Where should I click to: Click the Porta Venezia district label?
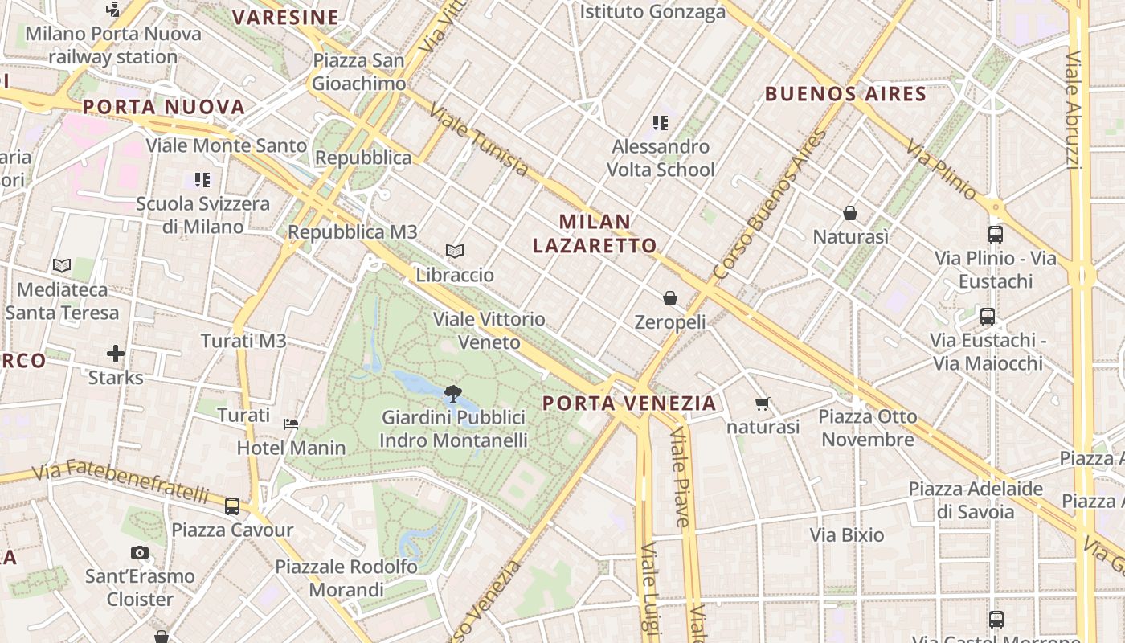tap(629, 403)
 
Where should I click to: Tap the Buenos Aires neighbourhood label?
tap(845, 94)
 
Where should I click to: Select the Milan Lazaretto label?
tap(595, 233)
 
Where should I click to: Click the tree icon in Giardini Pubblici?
tap(452, 393)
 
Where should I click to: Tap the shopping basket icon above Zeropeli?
tap(670, 298)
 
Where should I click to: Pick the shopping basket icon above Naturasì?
tap(850, 213)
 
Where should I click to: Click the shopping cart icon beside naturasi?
tap(762, 403)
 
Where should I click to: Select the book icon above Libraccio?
tap(455, 252)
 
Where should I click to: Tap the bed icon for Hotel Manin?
tap(291, 424)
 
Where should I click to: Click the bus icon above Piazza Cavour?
tap(232, 506)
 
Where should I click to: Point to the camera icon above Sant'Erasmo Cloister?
tap(140, 553)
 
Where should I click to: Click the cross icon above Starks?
tap(116, 354)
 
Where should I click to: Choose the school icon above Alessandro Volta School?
tap(661, 123)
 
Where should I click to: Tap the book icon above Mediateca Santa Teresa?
tap(62, 265)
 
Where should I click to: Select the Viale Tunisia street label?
tap(479, 139)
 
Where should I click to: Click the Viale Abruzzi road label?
tap(1073, 110)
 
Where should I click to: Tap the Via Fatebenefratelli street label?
tap(121, 480)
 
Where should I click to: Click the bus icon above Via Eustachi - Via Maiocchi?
tap(988, 317)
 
